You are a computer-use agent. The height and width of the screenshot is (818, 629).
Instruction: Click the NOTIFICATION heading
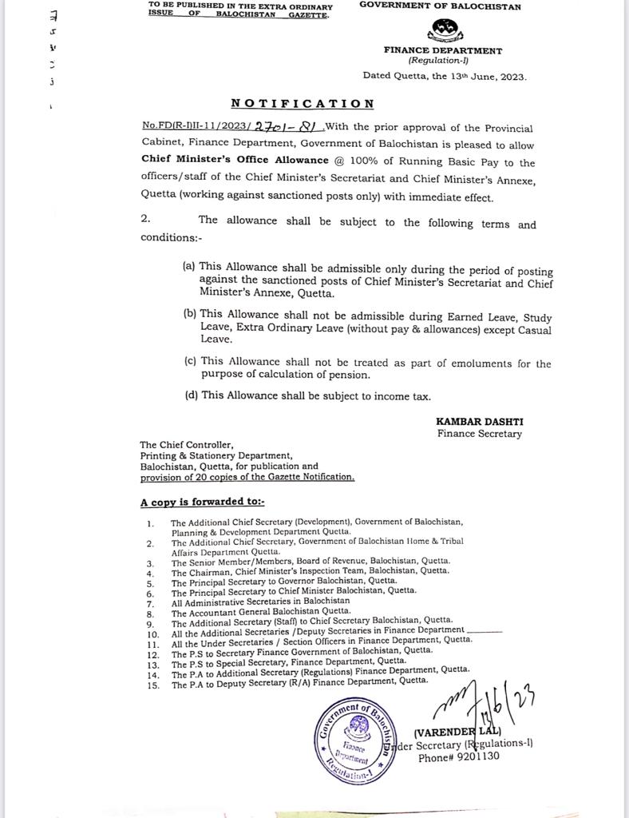tap(303, 104)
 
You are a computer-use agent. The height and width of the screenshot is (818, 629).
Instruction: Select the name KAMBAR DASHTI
tap(479, 421)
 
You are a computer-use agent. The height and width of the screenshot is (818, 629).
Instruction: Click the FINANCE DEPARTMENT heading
tap(442, 50)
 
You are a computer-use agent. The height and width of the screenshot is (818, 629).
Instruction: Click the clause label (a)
tap(189, 266)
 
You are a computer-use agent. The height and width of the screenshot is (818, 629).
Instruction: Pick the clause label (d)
tap(192, 395)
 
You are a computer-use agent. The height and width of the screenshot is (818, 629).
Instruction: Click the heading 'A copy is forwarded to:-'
tap(203, 502)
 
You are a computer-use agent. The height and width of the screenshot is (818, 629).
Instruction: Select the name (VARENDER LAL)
tap(457, 732)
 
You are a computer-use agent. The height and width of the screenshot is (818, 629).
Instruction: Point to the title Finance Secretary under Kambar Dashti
tap(479, 434)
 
